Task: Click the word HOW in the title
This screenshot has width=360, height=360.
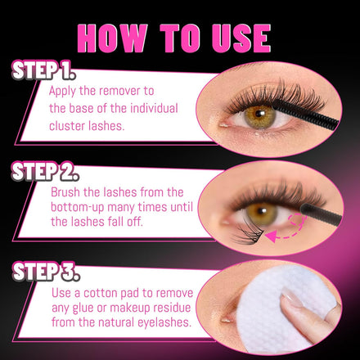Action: pyautogui.click(x=112, y=38)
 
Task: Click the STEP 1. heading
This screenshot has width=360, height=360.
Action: pyautogui.click(x=43, y=70)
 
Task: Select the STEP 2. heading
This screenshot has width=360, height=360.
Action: pyautogui.click(x=45, y=171)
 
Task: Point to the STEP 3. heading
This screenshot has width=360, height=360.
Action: pyautogui.click(x=46, y=272)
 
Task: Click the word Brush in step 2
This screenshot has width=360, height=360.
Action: pyautogui.click(x=65, y=192)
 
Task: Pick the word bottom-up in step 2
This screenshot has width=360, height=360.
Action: pyautogui.click(x=78, y=207)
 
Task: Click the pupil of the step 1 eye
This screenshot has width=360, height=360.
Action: pyautogui.click(x=259, y=113)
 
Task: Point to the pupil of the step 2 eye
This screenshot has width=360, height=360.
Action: pyautogui.click(x=263, y=210)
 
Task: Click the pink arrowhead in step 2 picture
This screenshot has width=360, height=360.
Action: pyautogui.click(x=272, y=236)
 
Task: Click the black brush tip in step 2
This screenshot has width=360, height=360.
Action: pyautogui.click(x=321, y=214)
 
